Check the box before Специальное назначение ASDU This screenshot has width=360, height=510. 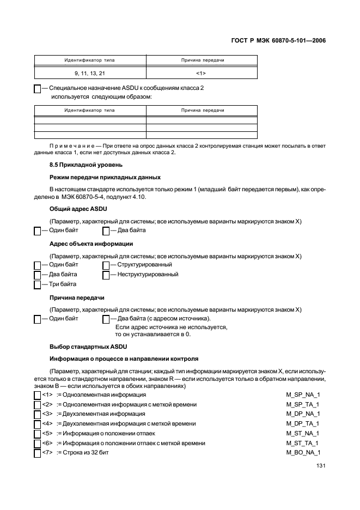(x=38, y=88)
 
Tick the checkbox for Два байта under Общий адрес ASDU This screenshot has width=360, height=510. (x=106, y=230)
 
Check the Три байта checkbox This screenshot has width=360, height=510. (x=38, y=284)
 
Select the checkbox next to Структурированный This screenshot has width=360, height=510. (x=106, y=265)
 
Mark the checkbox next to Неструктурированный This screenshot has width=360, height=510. (x=106, y=275)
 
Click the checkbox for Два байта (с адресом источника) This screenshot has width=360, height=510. (x=106, y=319)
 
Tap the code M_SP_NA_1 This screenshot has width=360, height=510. (x=303, y=394)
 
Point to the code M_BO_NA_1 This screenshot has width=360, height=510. (x=303, y=453)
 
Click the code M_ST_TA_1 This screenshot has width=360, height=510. (x=303, y=443)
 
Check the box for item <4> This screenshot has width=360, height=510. (x=38, y=424)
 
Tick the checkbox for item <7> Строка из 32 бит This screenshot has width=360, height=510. (x=38, y=453)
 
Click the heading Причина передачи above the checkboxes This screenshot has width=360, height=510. (x=77, y=298)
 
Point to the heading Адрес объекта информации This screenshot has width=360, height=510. (x=91, y=244)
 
